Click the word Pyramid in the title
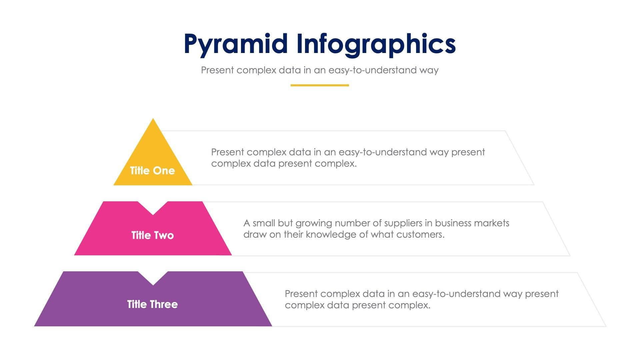pos(235,44)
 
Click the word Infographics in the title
pos(376,44)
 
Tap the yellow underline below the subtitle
pos(319,85)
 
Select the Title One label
pos(152,171)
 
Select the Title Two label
pos(152,235)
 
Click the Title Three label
pos(152,304)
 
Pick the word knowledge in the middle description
pos(331,235)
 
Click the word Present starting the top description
pos(228,152)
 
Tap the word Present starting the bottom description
pos(301,294)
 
